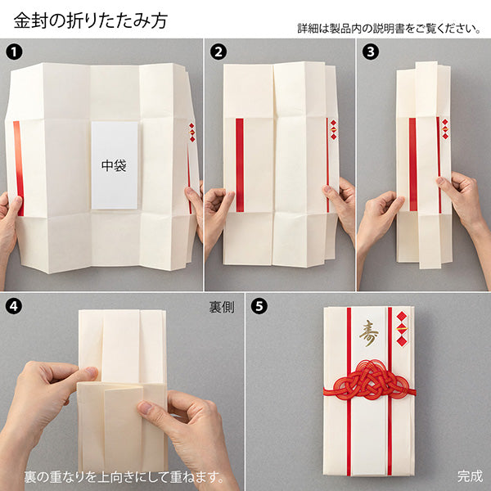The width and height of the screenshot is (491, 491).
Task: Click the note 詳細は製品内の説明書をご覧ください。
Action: coord(388,28)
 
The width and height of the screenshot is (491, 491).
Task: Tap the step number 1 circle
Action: coord(13,51)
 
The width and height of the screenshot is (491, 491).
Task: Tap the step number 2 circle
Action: coord(217,51)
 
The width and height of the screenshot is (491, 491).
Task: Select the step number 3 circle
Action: coord(370,51)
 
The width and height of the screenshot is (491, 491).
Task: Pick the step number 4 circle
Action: coord(13,307)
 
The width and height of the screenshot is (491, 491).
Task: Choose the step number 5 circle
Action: coord(259,307)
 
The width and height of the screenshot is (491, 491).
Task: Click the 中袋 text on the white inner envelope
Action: coord(115,165)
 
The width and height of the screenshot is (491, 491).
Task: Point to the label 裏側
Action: coord(222,309)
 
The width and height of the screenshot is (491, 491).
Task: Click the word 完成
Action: coord(470,475)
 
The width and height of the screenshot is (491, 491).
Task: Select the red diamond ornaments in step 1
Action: coord(192,133)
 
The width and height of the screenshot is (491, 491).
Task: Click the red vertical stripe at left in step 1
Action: coord(18,168)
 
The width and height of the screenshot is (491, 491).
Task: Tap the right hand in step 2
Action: coord(343,205)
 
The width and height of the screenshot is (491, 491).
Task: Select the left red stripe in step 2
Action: coord(239,164)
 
